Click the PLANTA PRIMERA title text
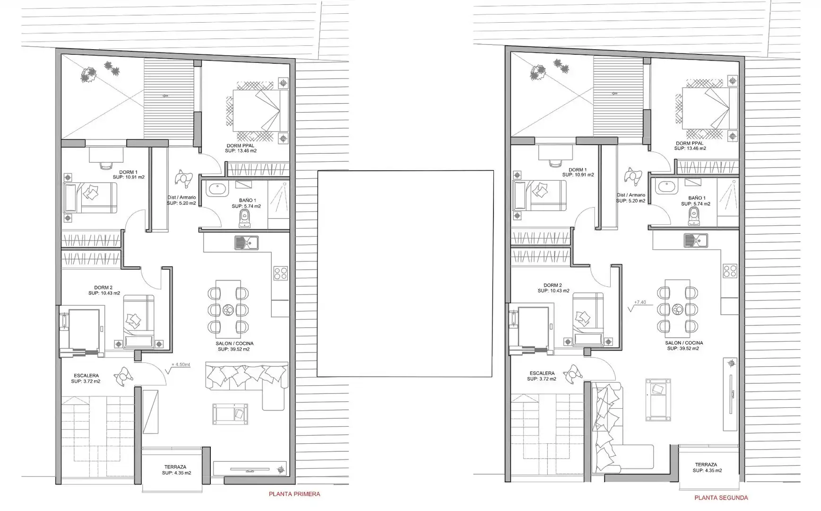[294, 494]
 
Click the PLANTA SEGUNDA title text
[721, 498]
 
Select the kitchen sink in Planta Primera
[246, 243]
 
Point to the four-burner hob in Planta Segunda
[730, 271]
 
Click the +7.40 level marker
[640, 302]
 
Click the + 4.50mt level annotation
[181, 365]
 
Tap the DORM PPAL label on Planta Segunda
[690, 143]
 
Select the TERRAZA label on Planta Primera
[175, 467]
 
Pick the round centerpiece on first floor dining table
[228, 310]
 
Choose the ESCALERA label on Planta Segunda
[542, 373]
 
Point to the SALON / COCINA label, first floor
[234, 344]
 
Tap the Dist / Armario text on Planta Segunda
[631, 195]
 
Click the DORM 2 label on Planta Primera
[103, 288]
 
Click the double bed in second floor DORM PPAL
[709, 108]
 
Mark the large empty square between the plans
[405, 273]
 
